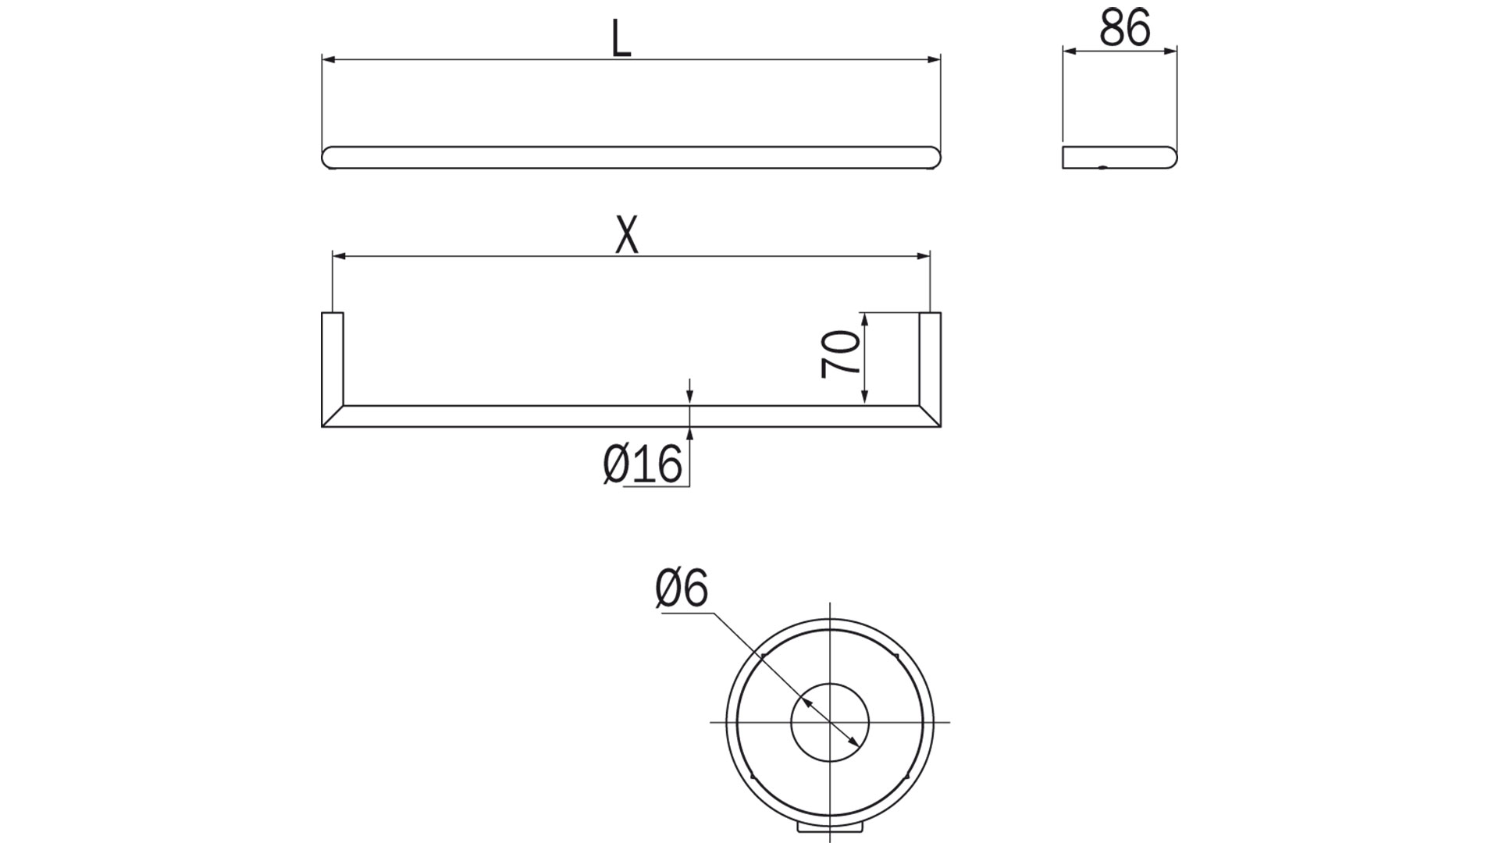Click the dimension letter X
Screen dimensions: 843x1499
click(x=626, y=236)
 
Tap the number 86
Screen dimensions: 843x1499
click(x=1124, y=30)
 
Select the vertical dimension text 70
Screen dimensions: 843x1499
click(x=840, y=354)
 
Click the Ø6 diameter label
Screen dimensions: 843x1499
click(x=681, y=589)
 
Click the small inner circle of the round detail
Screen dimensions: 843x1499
click(x=829, y=722)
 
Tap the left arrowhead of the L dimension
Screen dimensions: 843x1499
click(x=328, y=59)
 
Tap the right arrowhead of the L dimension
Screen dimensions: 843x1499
click(x=934, y=59)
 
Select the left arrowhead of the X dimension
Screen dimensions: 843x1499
click(x=339, y=255)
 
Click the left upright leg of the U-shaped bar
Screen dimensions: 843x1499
click(x=332, y=359)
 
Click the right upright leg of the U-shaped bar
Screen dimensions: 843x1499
click(x=929, y=359)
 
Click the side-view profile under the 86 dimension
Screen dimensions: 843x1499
click(x=1119, y=157)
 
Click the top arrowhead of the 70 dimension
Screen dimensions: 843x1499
click(x=864, y=318)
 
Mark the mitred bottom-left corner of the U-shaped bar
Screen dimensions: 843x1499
click(x=332, y=416)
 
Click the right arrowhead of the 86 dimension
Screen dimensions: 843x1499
click(x=1170, y=52)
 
